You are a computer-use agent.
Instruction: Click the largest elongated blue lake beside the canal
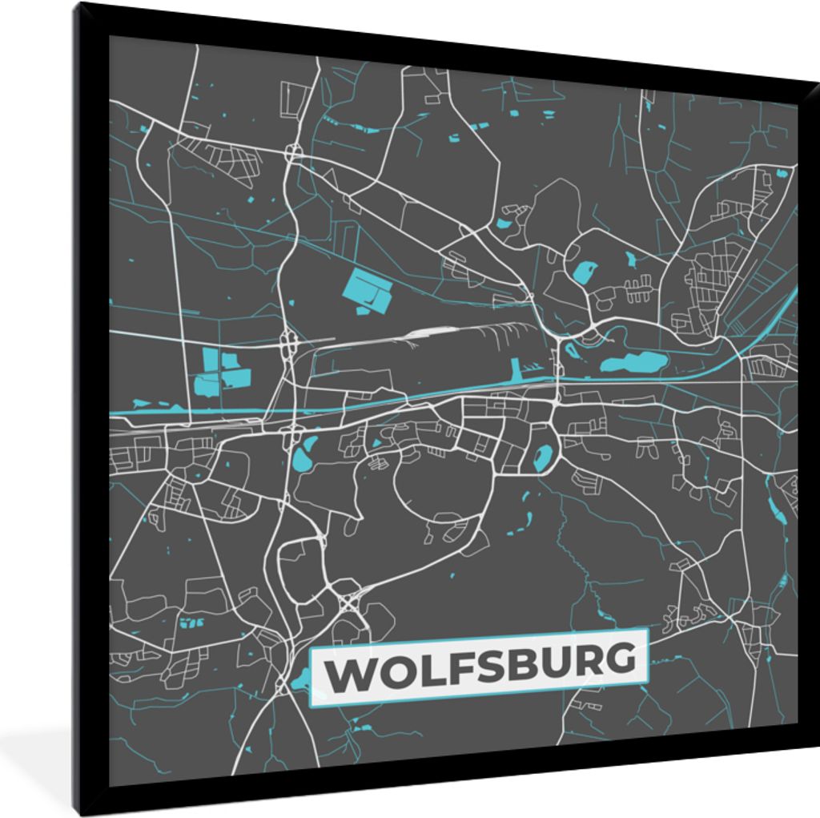tap(635, 364)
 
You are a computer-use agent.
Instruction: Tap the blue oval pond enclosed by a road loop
tap(541, 458)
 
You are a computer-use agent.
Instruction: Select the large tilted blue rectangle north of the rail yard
tap(368, 292)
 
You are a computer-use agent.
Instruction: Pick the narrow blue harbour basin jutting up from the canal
tap(515, 369)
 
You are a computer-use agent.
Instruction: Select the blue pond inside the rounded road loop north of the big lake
tap(585, 272)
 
